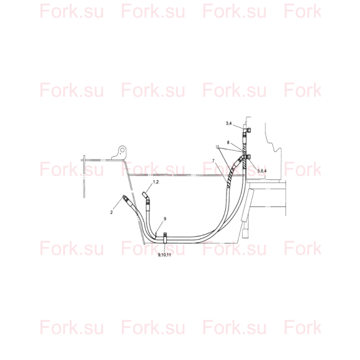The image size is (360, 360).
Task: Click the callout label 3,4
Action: pos(228,124)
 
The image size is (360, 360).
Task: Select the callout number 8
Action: pos(228,142)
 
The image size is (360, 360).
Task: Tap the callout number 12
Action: pos(217,147)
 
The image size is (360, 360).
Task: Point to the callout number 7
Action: pos(214,161)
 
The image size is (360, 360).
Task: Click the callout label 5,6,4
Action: pos(262,171)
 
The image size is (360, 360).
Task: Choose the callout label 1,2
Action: pos(156,182)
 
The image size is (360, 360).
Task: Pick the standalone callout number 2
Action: pos(111,212)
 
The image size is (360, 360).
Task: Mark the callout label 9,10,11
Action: pos(164,255)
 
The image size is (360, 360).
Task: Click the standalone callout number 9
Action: pos(165,219)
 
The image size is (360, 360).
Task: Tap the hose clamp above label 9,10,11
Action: pos(165,238)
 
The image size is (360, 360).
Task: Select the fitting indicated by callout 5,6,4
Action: pos(245,158)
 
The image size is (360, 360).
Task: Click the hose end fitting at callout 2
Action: pos(126,199)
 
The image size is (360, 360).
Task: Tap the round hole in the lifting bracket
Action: pos(122,150)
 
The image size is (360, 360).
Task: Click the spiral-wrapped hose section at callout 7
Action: pos(232,174)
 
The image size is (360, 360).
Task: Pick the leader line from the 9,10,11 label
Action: pos(165,248)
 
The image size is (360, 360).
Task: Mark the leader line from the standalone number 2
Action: pos(118,204)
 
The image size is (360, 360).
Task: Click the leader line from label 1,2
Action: pos(150,188)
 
